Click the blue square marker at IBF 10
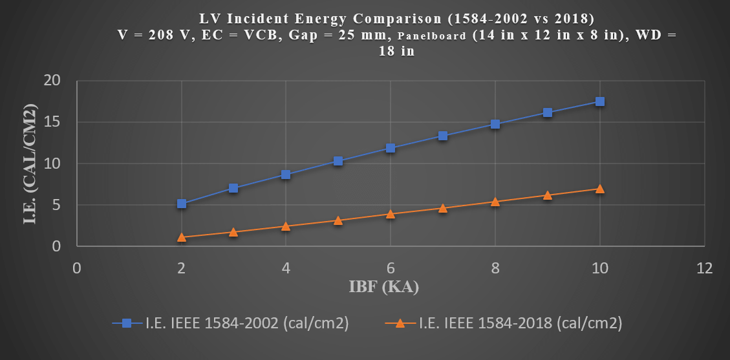point(599,101)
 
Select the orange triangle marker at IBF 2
point(182,237)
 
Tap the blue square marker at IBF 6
point(391,148)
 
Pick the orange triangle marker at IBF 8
point(495,202)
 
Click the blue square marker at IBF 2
point(182,204)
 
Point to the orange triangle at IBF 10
point(599,189)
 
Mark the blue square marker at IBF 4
point(286,175)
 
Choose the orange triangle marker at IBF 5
point(338,220)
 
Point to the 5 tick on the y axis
point(62,205)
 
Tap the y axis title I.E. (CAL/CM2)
point(29,164)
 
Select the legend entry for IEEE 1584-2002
point(231,324)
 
